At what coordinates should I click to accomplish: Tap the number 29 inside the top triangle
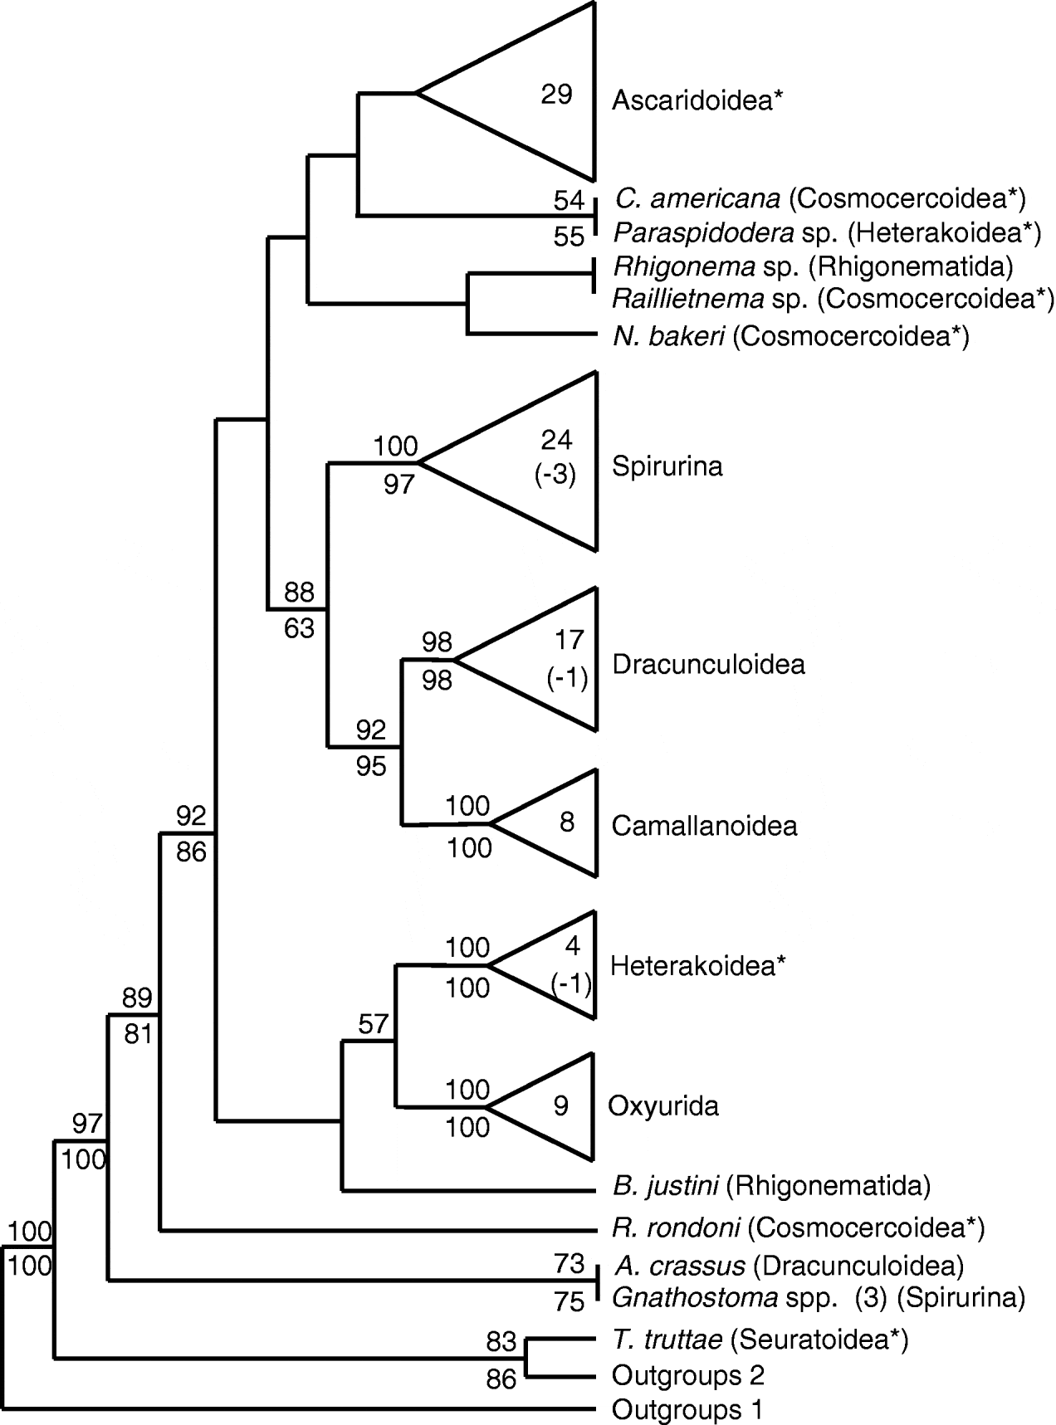(x=556, y=94)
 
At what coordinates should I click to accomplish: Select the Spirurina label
(x=667, y=466)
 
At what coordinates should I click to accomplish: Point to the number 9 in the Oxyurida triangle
(x=561, y=1106)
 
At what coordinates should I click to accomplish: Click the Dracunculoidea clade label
(x=708, y=665)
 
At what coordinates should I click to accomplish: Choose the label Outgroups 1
(x=687, y=1409)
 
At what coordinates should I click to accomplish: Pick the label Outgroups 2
(x=687, y=1375)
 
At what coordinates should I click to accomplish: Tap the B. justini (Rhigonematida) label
(x=771, y=1186)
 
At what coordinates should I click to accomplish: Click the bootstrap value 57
(x=374, y=1024)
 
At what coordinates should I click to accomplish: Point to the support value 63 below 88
(x=299, y=628)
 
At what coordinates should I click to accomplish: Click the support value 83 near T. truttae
(x=501, y=1341)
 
